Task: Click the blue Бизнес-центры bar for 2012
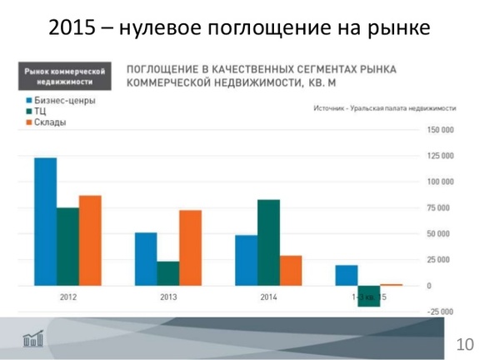45,221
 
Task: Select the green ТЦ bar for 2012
67,246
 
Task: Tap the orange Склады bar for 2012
89,240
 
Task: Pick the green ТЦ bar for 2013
168,273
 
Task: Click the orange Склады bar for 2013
190,247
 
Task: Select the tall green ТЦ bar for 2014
268,242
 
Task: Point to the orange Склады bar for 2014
291,270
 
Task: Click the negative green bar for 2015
369,296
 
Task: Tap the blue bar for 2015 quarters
347,275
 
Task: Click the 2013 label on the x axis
168,297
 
